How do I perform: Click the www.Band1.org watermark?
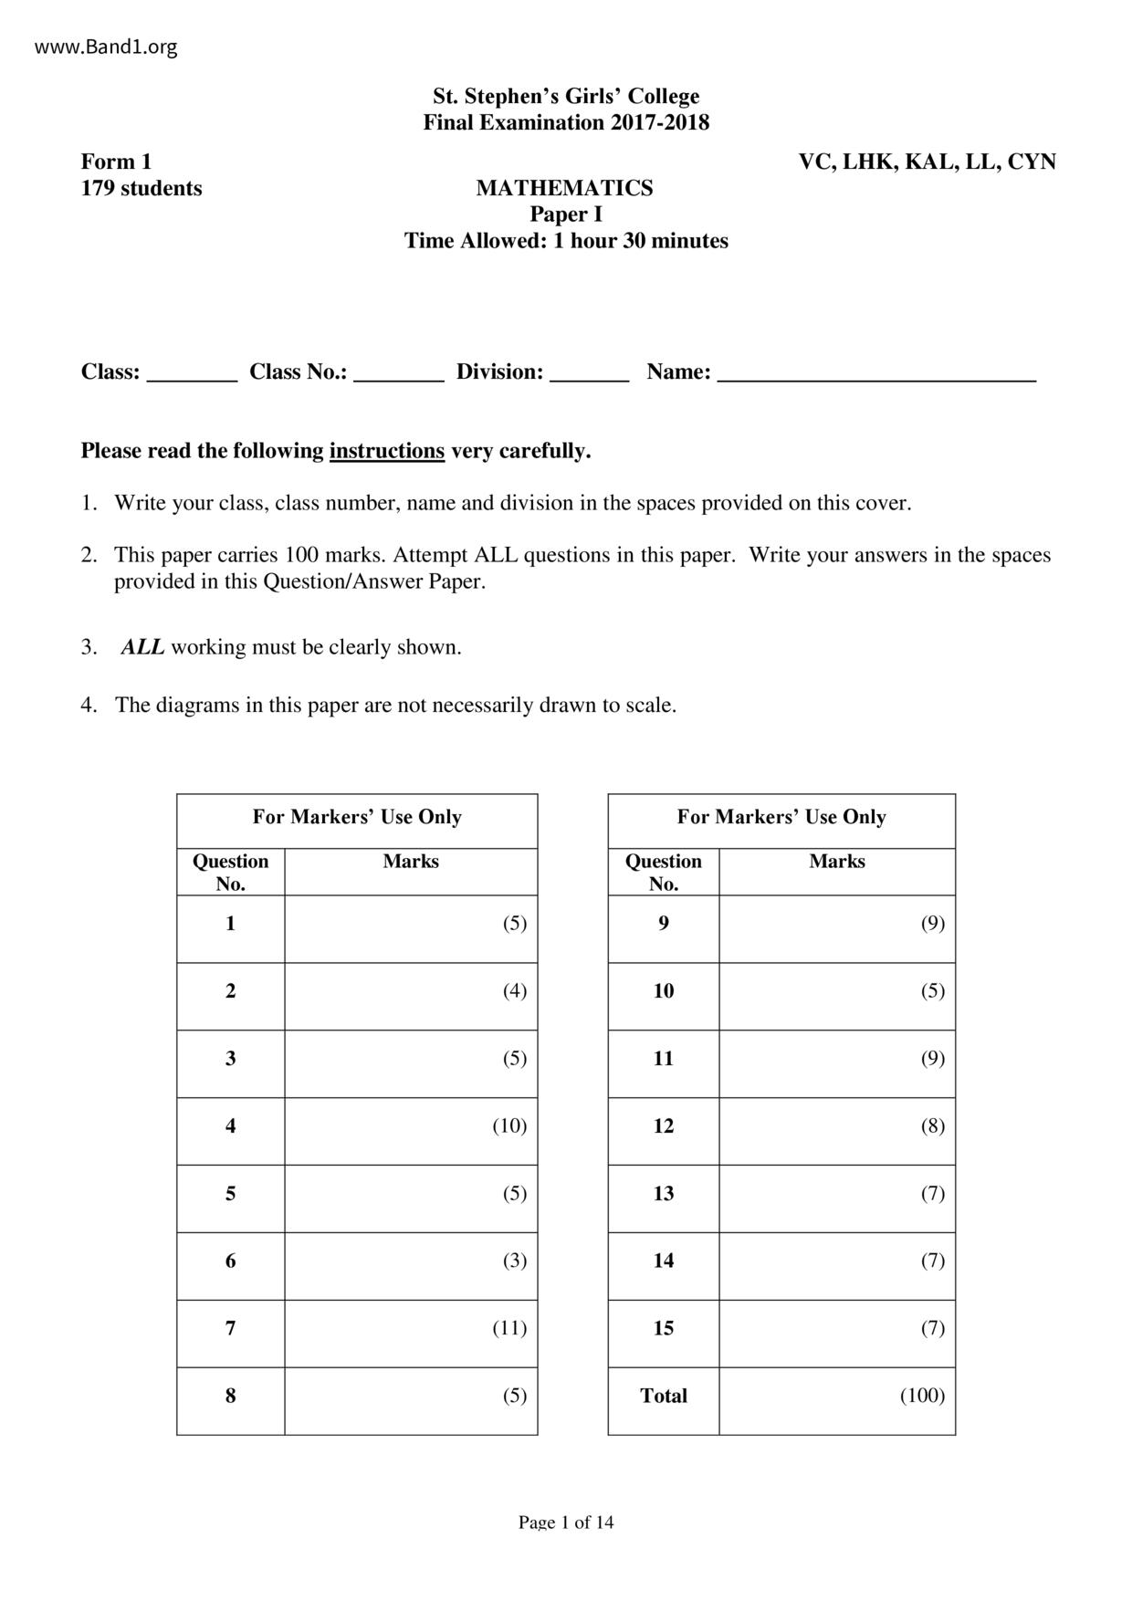pos(106,47)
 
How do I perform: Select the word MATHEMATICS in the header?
pos(564,188)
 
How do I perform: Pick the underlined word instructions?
pos(387,451)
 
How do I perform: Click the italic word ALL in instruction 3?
pos(143,647)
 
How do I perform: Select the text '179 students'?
pos(141,188)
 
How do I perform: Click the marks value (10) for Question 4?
pos(509,1125)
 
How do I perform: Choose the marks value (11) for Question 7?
pos(509,1328)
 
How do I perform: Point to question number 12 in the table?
pos(664,1125)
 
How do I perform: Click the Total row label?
pos(664,1396)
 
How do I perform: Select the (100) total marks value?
pos(922,1396)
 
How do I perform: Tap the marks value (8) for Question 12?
pos(932,1125)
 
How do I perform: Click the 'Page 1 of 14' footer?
pos(566,1522)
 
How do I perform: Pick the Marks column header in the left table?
pos(411,861)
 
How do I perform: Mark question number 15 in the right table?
pos(664,1328)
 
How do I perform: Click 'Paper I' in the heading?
pos(566,215)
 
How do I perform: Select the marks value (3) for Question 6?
pos(515,1261)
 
